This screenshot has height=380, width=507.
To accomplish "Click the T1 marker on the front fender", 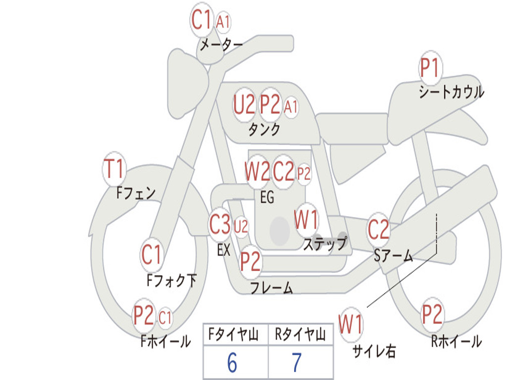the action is (114, 169).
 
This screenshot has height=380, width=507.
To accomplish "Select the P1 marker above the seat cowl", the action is (430, 67).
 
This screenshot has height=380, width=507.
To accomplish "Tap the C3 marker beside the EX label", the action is (220, 224).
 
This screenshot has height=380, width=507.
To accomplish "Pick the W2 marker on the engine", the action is (257, 171).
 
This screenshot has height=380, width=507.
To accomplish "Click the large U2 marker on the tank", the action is (245, 104).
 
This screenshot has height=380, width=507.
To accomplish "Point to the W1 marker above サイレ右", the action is (351, 324).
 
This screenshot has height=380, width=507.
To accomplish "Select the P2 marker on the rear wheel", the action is (432, 314).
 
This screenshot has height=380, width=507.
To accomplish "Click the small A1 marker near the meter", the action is (223, 22).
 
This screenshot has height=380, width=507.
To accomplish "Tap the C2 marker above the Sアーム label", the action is (378, 229).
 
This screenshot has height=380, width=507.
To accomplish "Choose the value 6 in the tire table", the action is (232, 362).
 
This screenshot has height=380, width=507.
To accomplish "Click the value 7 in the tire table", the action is (297, 362).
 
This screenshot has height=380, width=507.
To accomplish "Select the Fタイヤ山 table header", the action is (234, 334).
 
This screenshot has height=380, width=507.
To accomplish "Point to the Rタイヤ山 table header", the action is (300, 334).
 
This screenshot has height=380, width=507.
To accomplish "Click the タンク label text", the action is (264, 130).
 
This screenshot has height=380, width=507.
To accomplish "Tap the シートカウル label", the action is (452, 92).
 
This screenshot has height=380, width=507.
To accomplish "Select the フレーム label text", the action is (272, 287).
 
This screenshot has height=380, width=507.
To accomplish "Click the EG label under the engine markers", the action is (267, 197).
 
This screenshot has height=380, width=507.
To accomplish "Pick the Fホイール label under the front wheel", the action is (165, 341).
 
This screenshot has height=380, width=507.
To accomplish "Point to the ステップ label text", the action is (325, 243).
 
